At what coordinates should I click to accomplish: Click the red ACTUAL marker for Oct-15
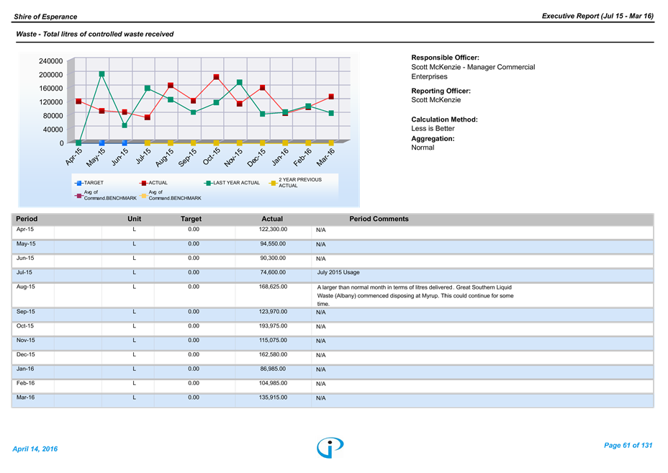pyautogui.click(x=217, y=77)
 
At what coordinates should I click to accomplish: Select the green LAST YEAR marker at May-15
pyautogui.click(x=101, y=74)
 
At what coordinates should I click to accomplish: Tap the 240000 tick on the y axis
pyautogui.click(x=50, y=61)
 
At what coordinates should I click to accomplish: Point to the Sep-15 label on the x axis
pyautogui.click(x=187, y=157)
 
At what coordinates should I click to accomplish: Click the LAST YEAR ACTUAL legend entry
pyautogui.click(x=233, y=183)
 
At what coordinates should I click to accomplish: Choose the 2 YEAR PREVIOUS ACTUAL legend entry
pyautogui.click(x=296, y=183)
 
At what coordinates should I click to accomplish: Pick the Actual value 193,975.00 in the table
pyautogui.click(x=273, y=326)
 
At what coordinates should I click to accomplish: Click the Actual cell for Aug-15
pyautogui.click(x=273, y=287)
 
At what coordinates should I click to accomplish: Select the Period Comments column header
pyautogui.click(x=379, y=219)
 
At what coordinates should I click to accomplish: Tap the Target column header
pyautogui.click(x=191, y=219)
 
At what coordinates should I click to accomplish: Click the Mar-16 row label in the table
pyautogui.click(x=26, y=397)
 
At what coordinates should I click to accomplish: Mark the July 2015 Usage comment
pyautogui.click(x=338, y=272)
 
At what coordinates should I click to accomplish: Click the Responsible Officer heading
pyautogui.click(x=445, y=58)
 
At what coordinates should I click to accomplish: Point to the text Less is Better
pyautogui.click(x=433, y=128)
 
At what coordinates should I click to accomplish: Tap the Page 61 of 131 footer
pyautogui.click(x=628, y=446)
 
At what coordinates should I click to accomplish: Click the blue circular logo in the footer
pyautogui.click(x=330, y=447)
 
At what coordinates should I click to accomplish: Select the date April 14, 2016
pyautogui.click(x=35, y=449)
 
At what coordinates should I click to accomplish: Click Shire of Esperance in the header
pyautogui.click(x=45, y=17)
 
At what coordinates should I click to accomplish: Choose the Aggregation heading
pyautogui.click(x=433, y=138)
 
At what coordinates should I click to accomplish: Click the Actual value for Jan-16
pyautogui.click(x=273, y=369)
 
